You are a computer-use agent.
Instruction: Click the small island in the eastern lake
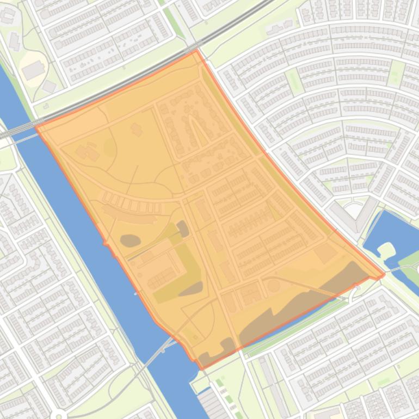pos(386,251)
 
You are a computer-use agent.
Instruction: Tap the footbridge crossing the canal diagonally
pos(158,350)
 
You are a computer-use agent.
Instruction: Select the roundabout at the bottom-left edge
pos(59,415)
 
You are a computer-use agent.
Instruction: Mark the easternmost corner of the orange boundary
pos(384,275)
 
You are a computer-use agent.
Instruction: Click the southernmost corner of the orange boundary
pos(202,368)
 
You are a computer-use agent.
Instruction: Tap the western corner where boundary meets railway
pos(36,126)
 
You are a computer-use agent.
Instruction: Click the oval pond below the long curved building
pos(130,239)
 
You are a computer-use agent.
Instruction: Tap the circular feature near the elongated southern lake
pos(274,285)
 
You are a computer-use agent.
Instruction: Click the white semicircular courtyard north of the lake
pos(354,209)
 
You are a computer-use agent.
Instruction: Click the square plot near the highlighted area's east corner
pos(325,253)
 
